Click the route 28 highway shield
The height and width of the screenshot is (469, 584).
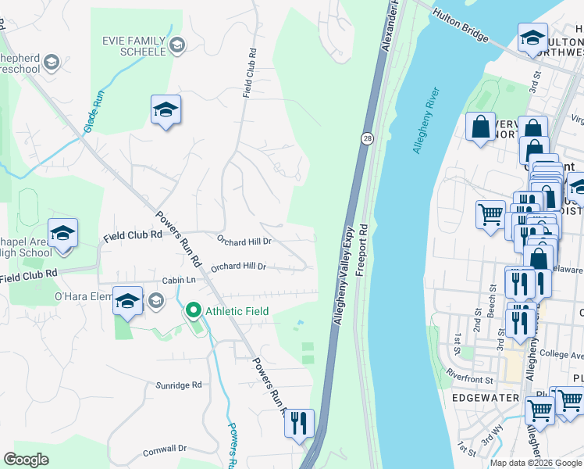point(366,138)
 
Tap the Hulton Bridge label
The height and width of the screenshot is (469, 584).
point(461,26)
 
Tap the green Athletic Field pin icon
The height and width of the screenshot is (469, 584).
point(193,311)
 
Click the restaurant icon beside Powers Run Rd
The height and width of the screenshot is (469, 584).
point(299,424)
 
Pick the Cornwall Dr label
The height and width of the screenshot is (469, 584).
point(165,449)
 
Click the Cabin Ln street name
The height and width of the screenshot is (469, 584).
point(178,280)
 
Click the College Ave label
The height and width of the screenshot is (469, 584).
point(556,354)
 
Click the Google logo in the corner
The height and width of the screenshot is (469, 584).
point(27,460)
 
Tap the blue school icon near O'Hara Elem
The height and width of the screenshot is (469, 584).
point(127,301)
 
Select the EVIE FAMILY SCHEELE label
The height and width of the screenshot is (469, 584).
point(134,45)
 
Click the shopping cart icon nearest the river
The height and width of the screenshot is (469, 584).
point(490,213)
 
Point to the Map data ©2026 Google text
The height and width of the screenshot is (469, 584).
point(536,462)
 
